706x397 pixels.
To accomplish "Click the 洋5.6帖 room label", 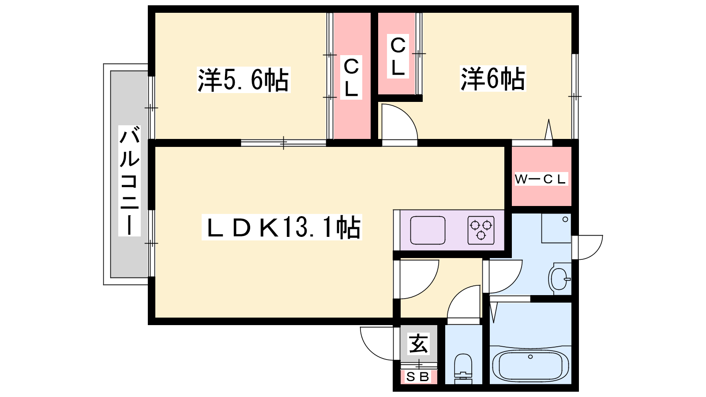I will [x=243, y=80].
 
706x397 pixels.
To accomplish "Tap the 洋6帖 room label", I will [x=492, y=79].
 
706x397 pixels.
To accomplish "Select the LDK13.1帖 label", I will [x=282, y=227].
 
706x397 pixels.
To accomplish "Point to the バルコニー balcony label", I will [x=129, y=181].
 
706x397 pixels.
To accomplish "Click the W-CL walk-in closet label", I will [x=541, y=179].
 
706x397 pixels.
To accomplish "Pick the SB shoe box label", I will [x=417, y=377].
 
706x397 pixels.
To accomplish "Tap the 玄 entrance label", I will [x=418, y=344].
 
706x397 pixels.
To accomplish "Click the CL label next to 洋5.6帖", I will [x=351, y=78].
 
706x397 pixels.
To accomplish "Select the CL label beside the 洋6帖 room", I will [x=398, y=56].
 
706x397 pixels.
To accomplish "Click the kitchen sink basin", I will [x=428, y=230].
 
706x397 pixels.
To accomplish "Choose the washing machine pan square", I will [x=556, y=228].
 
